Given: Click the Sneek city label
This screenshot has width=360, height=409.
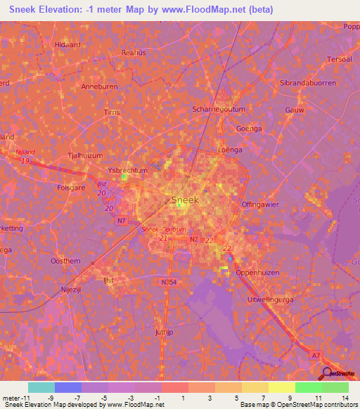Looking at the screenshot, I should [x=186, y=200].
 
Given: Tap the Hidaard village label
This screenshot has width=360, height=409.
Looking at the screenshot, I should [x=67, y=44].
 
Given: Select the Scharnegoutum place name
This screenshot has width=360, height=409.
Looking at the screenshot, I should [x=218, y=110].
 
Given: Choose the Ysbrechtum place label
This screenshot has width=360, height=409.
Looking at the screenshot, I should [x=128, y=170].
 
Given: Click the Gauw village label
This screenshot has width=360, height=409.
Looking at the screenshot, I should [x=295, y=110].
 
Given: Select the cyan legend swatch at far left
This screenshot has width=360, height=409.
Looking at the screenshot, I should [x=41, y=387].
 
